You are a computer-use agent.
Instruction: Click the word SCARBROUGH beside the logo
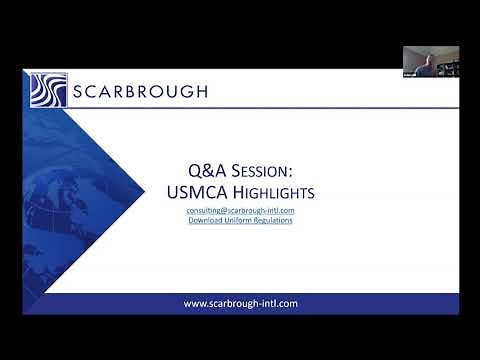[140, 92]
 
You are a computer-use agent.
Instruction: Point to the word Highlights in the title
[265, 191]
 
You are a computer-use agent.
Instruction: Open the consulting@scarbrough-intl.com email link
[240, 211]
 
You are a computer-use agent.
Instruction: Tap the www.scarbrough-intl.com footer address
[240, 303]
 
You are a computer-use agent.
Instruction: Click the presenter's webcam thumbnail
[431, 62]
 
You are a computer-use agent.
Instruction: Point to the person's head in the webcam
[418, 58]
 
